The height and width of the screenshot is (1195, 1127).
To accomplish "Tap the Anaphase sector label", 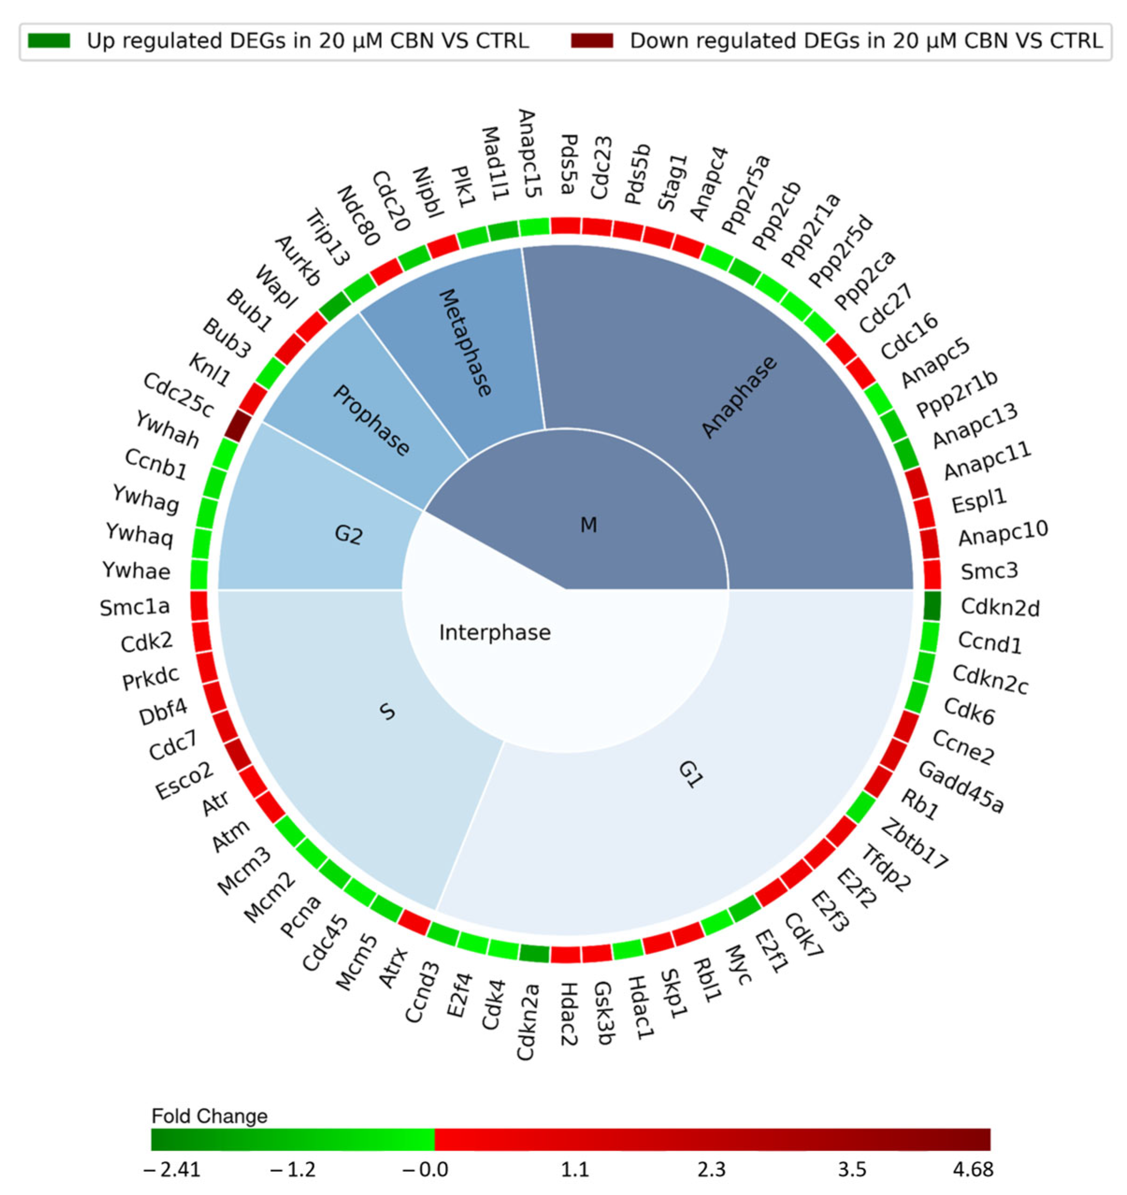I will pyautogui.click(x=739, y=397).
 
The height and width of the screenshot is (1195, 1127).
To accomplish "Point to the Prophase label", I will pyautogui.click(x=371, y=420).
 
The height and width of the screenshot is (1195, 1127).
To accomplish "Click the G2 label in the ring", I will pyautogui.click(x=349, y=534).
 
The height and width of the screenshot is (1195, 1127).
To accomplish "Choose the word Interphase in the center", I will pyautogui.click(x=495, y=633).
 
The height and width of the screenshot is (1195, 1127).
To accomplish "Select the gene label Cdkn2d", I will pyautogui.click(x=999, y=607).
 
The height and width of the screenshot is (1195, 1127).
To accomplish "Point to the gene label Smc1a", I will pyautogui.click(x=135, y=607).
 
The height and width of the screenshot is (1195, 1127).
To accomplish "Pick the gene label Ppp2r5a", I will pyautogui.click(x=745, y=193).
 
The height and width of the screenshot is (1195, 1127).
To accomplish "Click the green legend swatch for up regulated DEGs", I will pyautogui.click(x=49, y=41).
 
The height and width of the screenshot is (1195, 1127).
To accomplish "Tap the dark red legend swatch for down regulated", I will pyautogui.click(x=592, y=41).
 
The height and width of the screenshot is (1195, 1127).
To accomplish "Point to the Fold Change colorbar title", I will pyautogui.click(x=209, y=1116).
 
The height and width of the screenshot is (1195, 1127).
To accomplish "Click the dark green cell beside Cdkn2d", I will pyautogui.click(x=932, y=606).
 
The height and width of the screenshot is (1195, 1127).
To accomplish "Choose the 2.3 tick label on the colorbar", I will pyautogui.click(x=711, y=1169).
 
